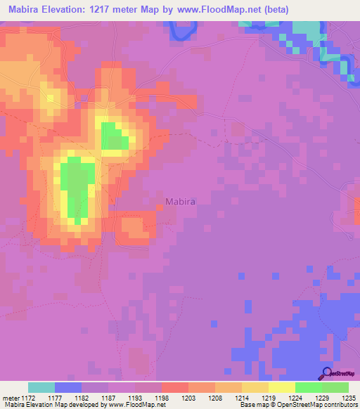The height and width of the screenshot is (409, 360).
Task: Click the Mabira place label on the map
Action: (180, 201)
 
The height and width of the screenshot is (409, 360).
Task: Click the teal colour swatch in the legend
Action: (41, 387)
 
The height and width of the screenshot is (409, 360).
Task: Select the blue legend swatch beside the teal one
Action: (68, 387)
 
